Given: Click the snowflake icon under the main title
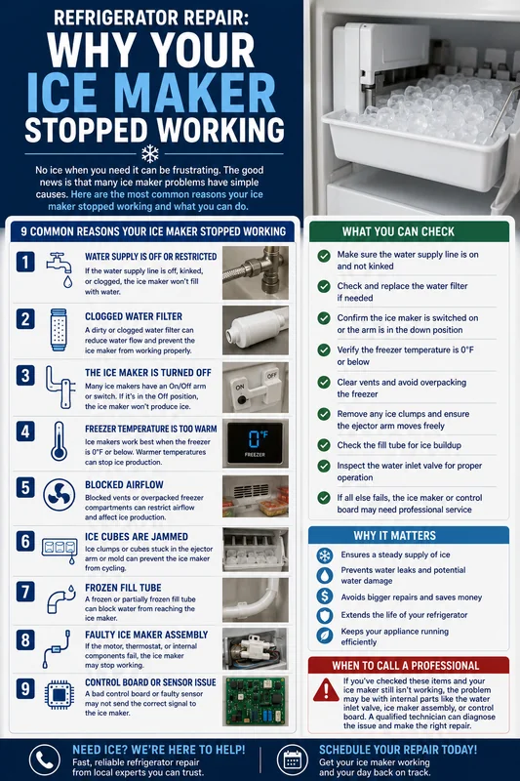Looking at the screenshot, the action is (150, 154).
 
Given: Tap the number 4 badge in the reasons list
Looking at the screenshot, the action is (25, 431).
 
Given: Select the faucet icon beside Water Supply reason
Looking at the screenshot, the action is (60, 269).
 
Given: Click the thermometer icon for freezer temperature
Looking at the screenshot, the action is (59, 441).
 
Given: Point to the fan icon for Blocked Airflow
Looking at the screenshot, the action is (60, 495).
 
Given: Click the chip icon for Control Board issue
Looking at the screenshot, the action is (60, 694).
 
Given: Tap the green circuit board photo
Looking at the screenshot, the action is (256, 701).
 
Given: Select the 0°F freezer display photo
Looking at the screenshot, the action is (256, 443).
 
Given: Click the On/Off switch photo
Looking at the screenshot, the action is (256, 388).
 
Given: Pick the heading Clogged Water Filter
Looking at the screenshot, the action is (134, 316).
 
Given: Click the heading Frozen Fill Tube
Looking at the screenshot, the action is (123, 588).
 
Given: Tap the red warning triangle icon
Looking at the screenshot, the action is (326, 690).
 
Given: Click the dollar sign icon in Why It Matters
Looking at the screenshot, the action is (325, 596).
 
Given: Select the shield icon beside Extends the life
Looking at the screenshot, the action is (325, 615).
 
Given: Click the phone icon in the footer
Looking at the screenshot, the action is (45, 760).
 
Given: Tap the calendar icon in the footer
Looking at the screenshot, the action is (293, 760).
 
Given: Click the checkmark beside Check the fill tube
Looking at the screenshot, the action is (324, 445).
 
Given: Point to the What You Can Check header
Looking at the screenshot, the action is (398, 231).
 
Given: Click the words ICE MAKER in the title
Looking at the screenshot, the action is (151, 93).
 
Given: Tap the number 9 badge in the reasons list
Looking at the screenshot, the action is (25, 689).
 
